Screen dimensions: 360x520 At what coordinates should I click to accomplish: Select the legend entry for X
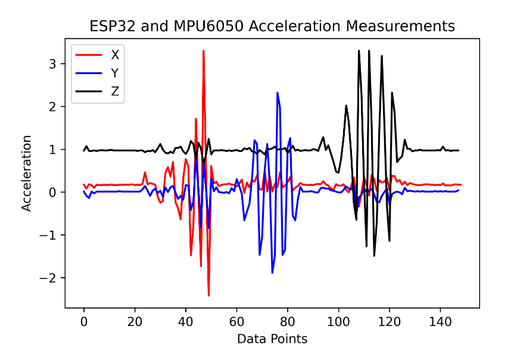(114, 55)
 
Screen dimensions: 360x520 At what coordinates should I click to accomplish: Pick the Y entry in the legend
(114, 73)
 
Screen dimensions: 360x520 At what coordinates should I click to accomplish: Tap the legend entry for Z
(114, 92)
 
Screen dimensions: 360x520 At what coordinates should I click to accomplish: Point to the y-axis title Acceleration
(27, 173)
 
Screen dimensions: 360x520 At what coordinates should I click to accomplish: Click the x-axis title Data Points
(272, 339)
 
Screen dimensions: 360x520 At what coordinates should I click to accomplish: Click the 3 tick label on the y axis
(52, 64)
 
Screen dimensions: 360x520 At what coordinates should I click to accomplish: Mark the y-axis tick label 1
(52, 150)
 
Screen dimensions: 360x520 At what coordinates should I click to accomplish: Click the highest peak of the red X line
(204, 51)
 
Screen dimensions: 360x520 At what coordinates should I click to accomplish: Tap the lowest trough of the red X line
(208, 296)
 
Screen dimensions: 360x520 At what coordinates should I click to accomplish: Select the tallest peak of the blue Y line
(277, 92)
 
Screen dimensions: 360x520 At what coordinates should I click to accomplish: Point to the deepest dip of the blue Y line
(272, 273)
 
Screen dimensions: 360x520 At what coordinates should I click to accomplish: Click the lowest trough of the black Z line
(374, 256)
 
